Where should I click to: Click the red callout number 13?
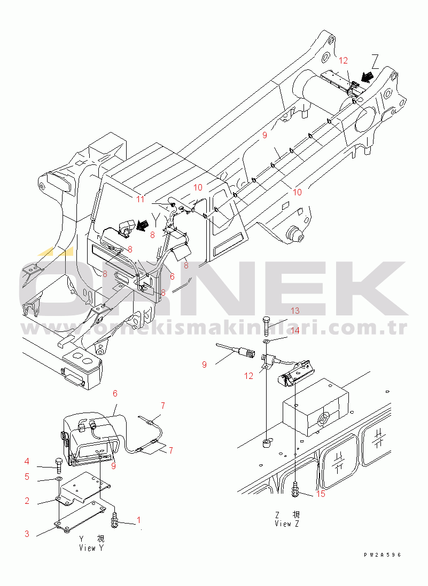click(295, 311)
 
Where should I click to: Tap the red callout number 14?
click(295, 330)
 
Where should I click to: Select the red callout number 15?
click(321, 494)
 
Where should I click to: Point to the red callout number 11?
click(140, 199)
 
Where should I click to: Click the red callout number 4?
click(27, 462)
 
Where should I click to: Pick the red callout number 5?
click(27, 477)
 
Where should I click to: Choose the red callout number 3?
click(27, 533)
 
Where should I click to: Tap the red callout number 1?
click(139, 520)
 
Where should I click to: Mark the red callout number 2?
click(27, 501)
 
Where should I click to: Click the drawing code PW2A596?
click(382, 555)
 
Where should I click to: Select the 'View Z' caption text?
click(286, 524)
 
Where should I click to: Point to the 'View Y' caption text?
click(91, 548)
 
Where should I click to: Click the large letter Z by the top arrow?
click(375, 62)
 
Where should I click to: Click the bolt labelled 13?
click(266, 326)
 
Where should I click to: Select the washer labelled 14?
click(266, 341)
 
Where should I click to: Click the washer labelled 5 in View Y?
click(59, 479)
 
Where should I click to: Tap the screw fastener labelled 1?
click(115, 520)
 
